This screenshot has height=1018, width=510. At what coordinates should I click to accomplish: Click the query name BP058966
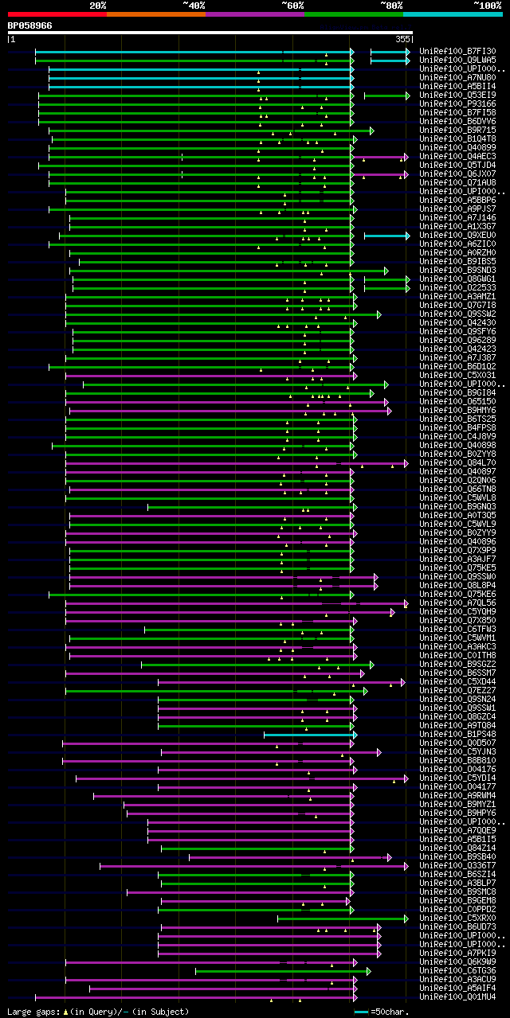click(30, 25)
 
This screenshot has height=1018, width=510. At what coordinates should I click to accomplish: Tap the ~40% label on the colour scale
click(194, 5)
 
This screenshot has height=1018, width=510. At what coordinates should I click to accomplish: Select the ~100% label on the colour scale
click(487, 5)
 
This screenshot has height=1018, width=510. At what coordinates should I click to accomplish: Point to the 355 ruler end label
click(402, 38)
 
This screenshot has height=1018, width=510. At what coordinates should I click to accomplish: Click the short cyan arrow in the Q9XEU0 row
click(386, 236)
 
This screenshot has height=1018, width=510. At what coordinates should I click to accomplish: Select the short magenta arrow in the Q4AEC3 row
click(380, 157)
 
